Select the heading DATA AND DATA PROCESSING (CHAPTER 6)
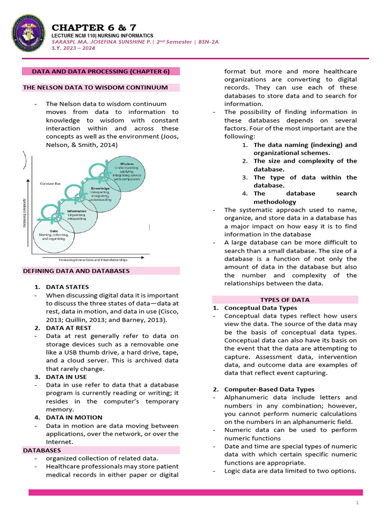tap(101, 71)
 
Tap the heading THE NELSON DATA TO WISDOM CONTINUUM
tap(95, 88)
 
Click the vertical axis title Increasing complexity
tap(24, 213)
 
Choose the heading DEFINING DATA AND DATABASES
tap(76, 271)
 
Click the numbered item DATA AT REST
tap(68, 328)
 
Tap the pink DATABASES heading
tap(42, 450)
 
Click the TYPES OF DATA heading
tap(285, 300)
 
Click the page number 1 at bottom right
tap(358, 503)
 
